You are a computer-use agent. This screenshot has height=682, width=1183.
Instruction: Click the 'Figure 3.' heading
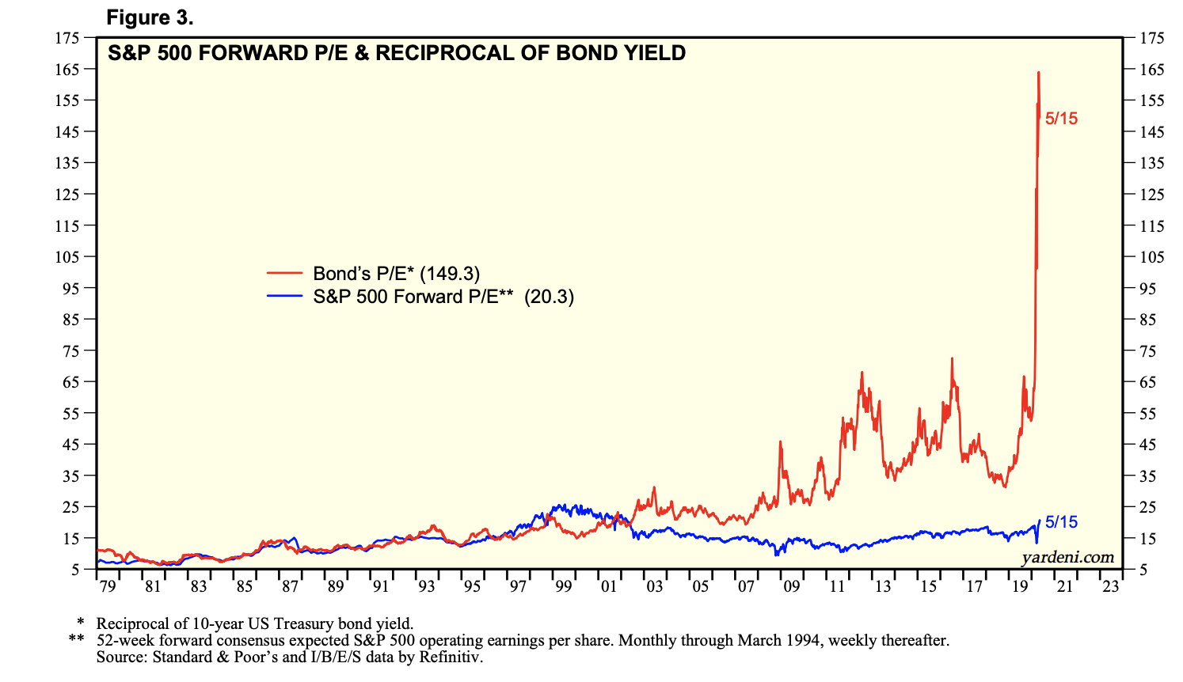click(150, 17)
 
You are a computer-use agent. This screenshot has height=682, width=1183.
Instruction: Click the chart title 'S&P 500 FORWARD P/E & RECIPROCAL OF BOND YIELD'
click(397, 53)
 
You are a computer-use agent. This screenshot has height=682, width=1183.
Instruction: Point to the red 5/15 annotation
click(1061, 119)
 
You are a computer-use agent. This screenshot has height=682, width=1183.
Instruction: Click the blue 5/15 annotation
click(1061, 522)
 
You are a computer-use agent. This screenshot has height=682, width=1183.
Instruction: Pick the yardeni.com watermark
click(1067, 557)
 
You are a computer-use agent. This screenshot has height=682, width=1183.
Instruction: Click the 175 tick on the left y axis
click(67, 38)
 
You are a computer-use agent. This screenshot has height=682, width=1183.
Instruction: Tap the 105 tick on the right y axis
click(1152, 257)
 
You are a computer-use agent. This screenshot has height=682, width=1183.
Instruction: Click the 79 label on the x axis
click(108, 586)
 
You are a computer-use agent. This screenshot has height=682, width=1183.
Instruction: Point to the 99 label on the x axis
click(564, 586)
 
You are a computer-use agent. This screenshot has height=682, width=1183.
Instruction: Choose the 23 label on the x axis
click(1111, 586)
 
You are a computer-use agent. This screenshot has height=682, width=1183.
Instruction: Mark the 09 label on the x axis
click(792, 586)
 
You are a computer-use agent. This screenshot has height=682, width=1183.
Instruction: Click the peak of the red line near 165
click(1038, 73)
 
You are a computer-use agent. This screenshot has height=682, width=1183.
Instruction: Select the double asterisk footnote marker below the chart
click(76, 640)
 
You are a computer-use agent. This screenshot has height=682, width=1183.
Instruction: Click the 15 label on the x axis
click(928, 586)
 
